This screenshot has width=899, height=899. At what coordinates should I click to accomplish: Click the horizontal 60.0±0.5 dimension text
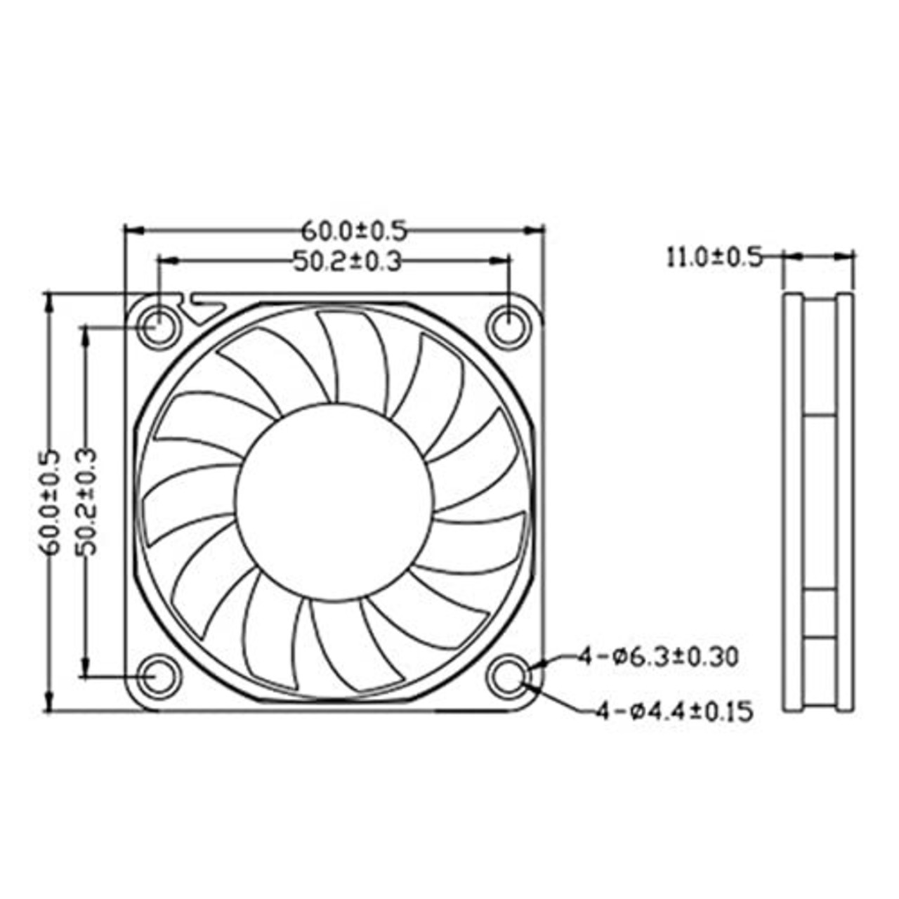click(354, 231)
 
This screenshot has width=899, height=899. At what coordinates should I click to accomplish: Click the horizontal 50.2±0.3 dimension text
click(347, 261)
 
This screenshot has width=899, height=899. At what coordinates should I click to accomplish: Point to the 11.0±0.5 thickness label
click(714, 258)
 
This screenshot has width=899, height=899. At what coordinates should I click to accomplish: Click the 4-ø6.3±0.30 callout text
click(658, 657)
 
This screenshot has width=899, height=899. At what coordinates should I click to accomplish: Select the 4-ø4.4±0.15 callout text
click(675, 712)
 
